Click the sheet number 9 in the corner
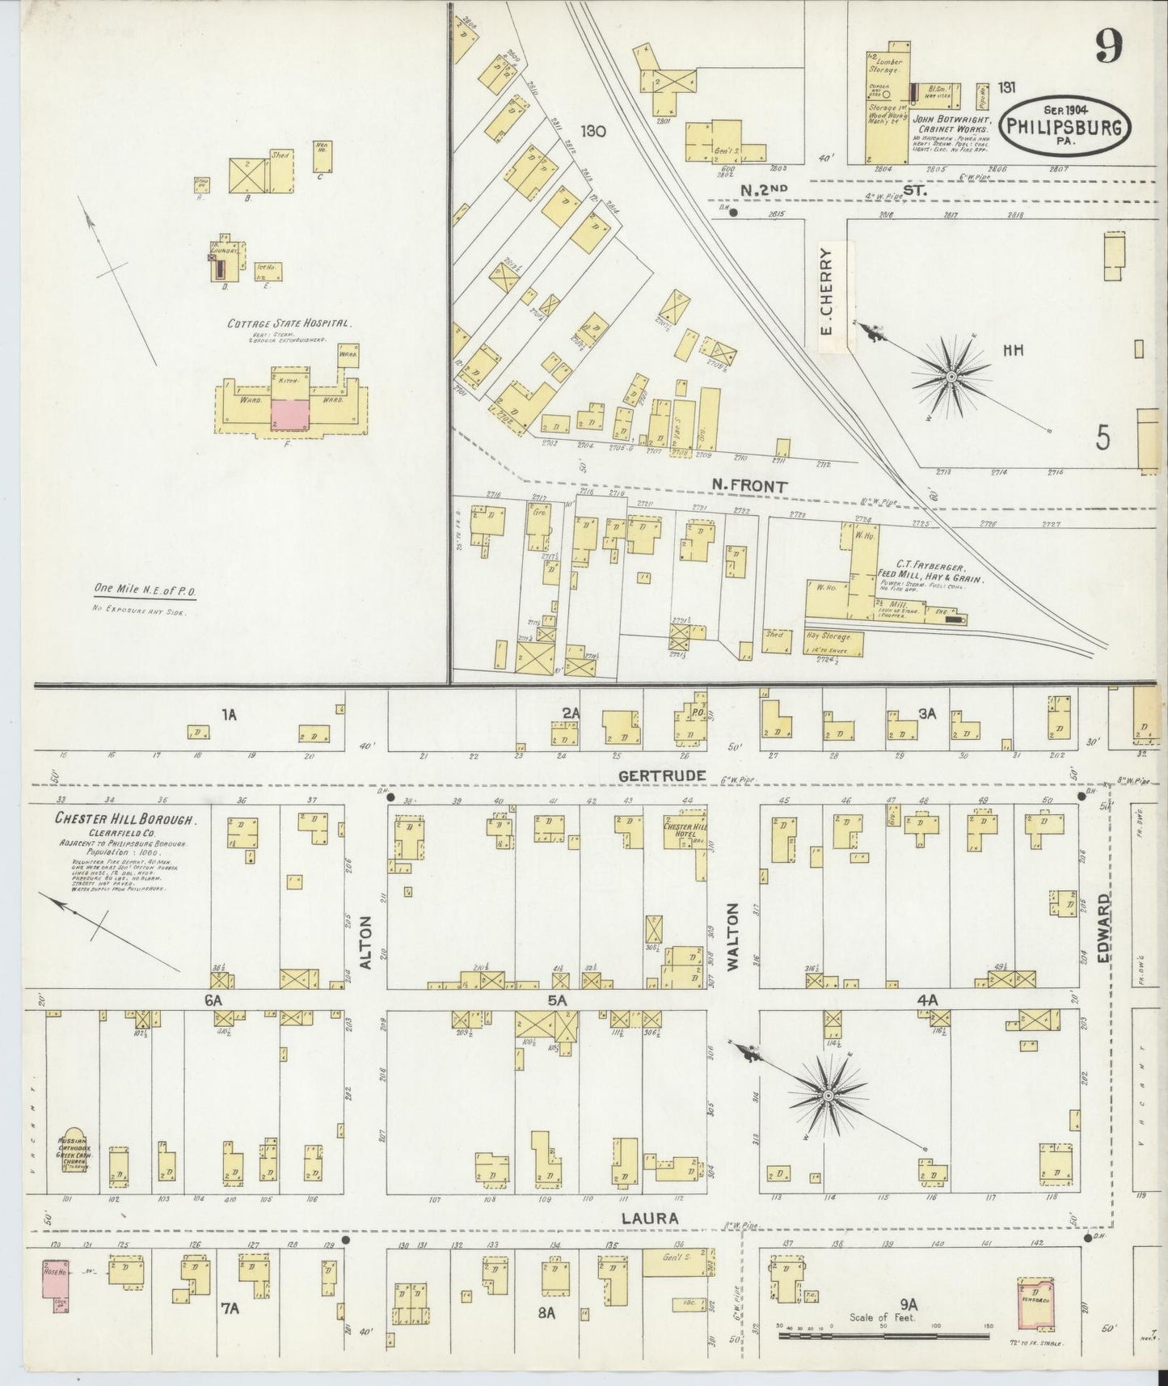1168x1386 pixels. tap(1108, 48)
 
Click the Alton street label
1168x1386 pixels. tap(365, 943)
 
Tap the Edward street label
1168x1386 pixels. tap(1104, 928)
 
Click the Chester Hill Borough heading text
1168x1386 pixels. tap(124, 818)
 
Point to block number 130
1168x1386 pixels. tap(592, 129)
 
